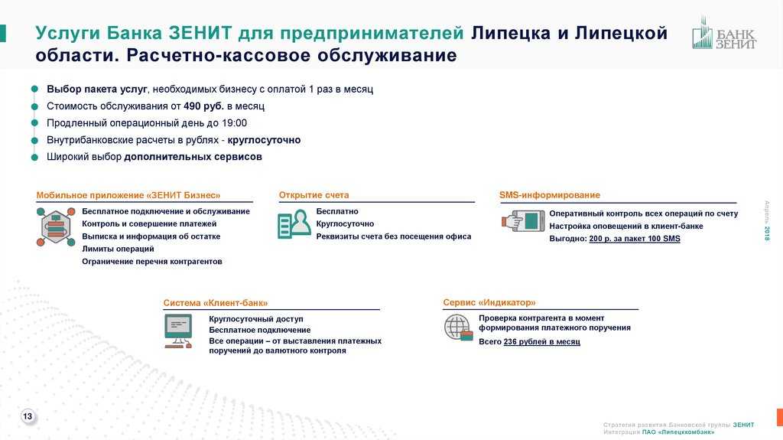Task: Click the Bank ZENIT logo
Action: click(x=724, y=33)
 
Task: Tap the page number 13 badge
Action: click(x=28, y=416)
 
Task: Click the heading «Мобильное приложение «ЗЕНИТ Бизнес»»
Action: click(x=128, y=195)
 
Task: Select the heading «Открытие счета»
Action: click(x=314, y=195)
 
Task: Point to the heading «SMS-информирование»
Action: click(x=549, y=195)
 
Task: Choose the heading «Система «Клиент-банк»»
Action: click(x=215, y=302)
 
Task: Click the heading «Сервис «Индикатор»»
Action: click(x=489, y=302)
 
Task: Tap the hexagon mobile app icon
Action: click(x=56, y=227)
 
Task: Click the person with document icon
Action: click(x=294, y=223)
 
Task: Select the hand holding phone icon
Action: click(x=523, y=220)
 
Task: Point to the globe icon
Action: click(x=459, y=328)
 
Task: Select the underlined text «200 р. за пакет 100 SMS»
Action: click(x=635, y=239)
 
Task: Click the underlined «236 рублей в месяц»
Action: click(x=542, y=341)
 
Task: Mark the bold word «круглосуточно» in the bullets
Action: click(x=264, y=140)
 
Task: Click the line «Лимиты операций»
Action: click(x=118, y=249)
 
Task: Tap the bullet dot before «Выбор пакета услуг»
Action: click(x=34, y=89)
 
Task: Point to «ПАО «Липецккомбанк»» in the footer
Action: click(x=678, y=432)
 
